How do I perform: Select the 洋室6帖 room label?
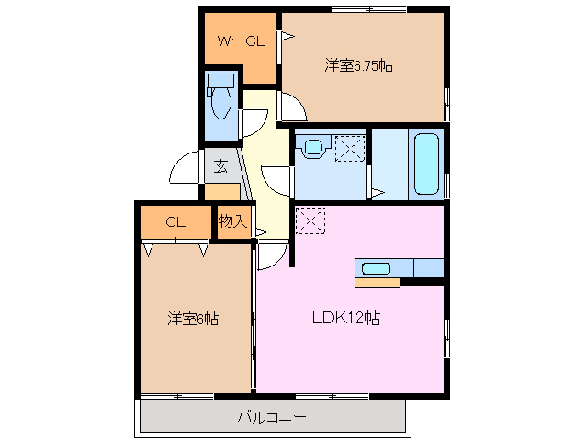(x=192, y=319)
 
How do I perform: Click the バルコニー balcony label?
(x=272, y=417)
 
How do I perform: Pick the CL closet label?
(x=175, y=221)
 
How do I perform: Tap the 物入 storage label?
(x=232, y=221)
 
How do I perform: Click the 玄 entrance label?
(x=221, y=166)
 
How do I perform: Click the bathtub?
(x=426, y=164)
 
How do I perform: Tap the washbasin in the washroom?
(x=314, y=146)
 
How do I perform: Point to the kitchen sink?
(x=376, y=268)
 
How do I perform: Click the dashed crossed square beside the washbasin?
(x=350, y=147)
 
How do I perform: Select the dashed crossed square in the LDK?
(x=310, y=219)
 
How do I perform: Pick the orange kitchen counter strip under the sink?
(x=377, y=282)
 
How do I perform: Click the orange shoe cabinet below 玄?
(x=221, y=192)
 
